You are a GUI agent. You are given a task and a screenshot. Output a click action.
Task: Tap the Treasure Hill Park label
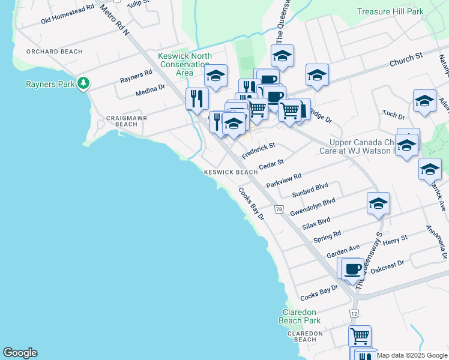coord(390,11)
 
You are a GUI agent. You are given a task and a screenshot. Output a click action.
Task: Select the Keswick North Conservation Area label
coord(184,64)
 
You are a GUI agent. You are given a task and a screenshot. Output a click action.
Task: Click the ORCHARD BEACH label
coord(54,52)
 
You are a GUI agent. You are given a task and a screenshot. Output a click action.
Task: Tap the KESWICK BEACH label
coord(231,172)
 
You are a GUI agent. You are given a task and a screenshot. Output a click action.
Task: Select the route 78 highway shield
coord(279,209)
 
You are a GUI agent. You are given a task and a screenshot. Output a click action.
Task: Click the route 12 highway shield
coord(354,314)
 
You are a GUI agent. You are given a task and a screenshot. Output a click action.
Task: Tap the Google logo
coord(20,353)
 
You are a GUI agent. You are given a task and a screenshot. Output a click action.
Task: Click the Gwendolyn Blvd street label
coord(312,207)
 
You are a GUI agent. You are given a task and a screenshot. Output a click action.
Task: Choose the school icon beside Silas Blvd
coord(378,204)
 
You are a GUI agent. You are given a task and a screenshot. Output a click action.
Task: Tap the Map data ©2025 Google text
coord(412,355)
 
